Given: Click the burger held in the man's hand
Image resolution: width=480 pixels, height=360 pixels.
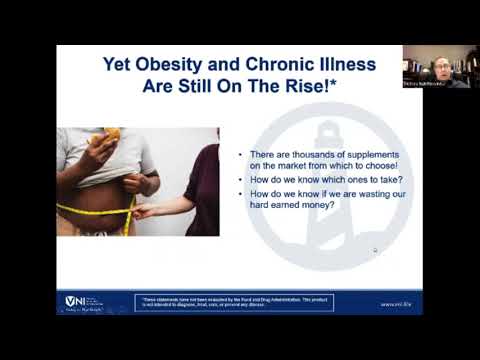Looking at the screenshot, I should pyautogui.click(x=112, y=135).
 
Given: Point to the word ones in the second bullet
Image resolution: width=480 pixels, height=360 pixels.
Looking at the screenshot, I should pyautogui.click(x=331, y=179).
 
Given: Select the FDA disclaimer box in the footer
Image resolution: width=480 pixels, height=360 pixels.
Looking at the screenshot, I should pyautogui.click(x=234, y=302).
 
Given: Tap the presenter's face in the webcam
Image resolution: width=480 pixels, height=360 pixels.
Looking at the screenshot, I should pyautogui.click(x=442, y=68).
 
